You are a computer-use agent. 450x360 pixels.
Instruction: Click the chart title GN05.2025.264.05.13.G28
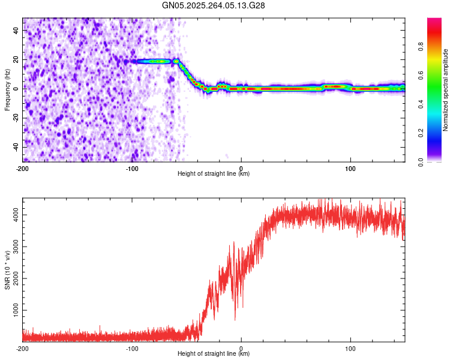215,5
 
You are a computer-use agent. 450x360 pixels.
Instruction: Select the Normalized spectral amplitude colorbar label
446,90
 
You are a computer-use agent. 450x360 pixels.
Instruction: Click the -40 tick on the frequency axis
16,147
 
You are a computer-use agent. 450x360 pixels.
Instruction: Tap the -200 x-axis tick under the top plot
23,167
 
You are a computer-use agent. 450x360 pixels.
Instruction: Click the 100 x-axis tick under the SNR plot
350,348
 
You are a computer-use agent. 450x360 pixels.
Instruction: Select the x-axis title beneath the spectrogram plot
214,173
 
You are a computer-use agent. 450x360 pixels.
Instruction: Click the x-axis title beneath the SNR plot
214,354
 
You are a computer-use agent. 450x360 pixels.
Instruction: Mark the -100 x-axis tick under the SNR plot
132,348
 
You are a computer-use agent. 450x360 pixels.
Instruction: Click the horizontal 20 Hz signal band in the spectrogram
153,61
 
